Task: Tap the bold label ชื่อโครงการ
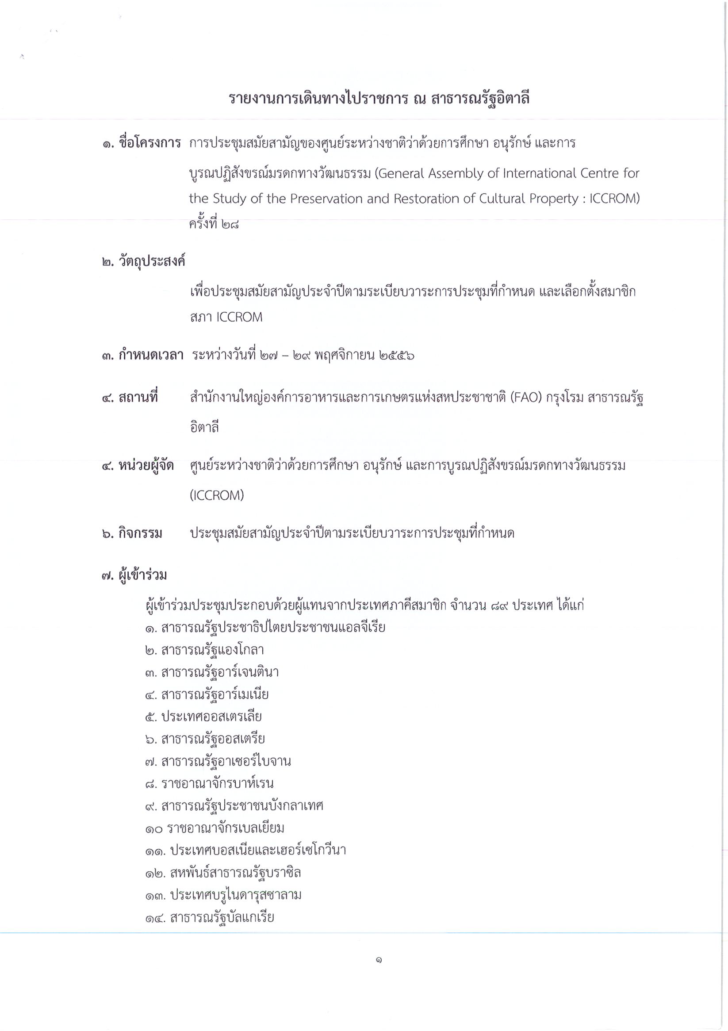click(149, 143)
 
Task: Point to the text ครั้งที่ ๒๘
click(214, 224)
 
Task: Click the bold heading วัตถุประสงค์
click(152, 261)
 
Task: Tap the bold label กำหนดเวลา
click(151, 356)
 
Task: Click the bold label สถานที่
click(138, 398)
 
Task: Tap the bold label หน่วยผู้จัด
click(146, 466)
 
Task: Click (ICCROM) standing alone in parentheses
click(216, 495)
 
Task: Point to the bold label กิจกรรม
click(140, 533)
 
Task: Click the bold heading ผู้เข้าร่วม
click(142, 575)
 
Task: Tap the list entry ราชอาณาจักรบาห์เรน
click(217, 784)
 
